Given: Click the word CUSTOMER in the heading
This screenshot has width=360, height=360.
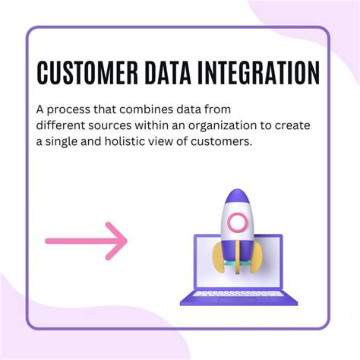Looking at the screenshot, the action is [x=87, y=72].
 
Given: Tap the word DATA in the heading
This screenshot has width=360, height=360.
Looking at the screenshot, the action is [x=167, y=72].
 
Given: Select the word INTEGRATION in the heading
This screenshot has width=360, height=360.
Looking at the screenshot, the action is [x=258, y=72].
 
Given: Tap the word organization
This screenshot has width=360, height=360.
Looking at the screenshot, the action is [x=223, y=126].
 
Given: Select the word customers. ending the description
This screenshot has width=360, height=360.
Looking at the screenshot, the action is [x=222, y=141].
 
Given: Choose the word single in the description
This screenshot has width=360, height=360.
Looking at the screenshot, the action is [x=62, y=142].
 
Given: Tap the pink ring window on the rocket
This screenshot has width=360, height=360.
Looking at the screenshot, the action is [x=238, y=222].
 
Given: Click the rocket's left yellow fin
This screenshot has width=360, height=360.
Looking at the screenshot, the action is [x=219, y=257].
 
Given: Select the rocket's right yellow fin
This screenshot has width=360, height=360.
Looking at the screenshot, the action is [x=256, y=257].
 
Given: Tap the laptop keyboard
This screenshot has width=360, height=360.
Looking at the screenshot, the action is [x=238, y=294].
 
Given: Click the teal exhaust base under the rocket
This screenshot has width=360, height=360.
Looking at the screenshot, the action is [x=237, y=264].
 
